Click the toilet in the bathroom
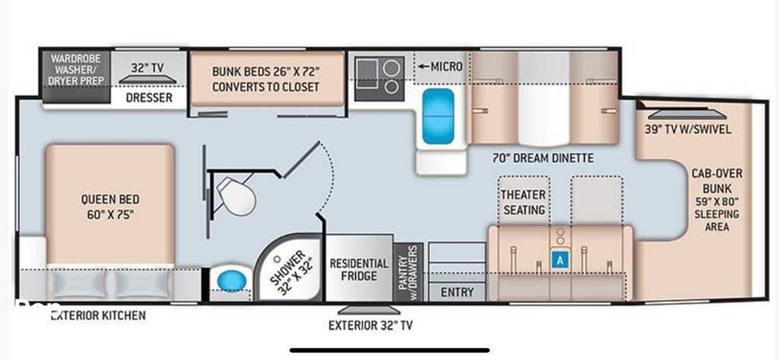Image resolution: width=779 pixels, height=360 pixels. tap(237, 196)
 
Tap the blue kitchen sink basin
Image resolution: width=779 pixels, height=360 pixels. tap(438, 116)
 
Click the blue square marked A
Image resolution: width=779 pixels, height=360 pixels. tap(560, 259)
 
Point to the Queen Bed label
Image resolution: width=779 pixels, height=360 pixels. tap(111, 207)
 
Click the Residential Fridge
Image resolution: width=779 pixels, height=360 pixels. tap(359, 269)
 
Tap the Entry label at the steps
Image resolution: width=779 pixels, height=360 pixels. tap(457, 292)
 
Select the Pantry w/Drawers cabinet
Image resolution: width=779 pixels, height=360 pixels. tap(408, 271)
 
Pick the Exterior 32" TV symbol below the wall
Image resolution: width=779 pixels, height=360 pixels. tap(369, 310)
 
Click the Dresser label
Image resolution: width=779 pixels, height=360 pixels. tap(149, 97)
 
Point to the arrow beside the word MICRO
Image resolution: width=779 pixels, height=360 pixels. tap(424, 66)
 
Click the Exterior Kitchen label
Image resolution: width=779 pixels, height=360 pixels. tap(98, 316)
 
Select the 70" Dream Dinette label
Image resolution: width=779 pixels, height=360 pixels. tap(543, 158)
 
